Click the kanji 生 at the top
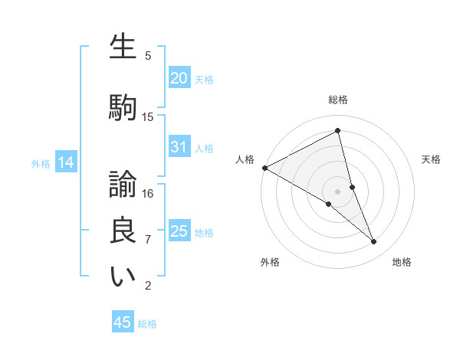click(x=123, y=47)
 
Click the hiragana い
click(x=123, y=277)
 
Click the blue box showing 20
click(x=179, y=77)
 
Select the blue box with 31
click(x=179, y=147)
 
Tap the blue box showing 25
click(x=179, y=231)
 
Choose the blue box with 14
click(x=65, y=162)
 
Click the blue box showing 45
click(x=123, y=322)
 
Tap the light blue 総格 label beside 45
click(x=147, y=324)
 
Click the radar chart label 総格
click(x=338, y=100)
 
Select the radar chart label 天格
click(x=432, y=159)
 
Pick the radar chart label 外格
click(x=270, y=262)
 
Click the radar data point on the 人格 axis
click(x=264, y=167)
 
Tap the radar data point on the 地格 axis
click(x=374, y=242)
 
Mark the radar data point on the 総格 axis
click(x=338, y=131)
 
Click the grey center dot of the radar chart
click(x=338, y=191)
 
